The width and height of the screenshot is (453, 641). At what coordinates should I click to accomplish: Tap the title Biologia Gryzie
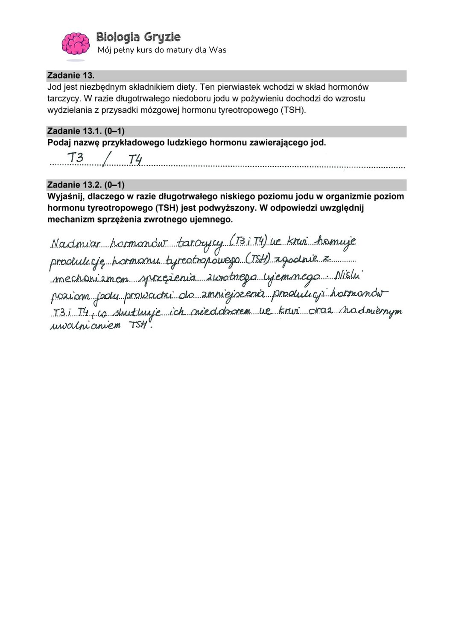tap(138, 37)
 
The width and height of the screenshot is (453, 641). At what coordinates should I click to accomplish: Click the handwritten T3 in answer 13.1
tap(76, 158)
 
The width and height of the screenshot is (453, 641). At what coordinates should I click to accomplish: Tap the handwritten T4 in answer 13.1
tap(135, 160)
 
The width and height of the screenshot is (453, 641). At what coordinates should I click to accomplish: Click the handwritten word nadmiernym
tap(376, 312)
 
